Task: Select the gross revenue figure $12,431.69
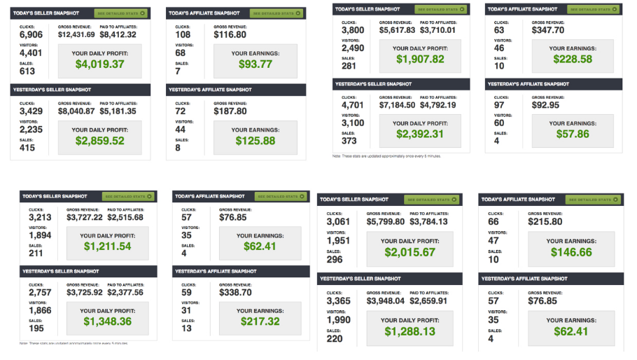tap(76, 34)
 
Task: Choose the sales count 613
tap(27, 71)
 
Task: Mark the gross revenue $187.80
tap(230, 111)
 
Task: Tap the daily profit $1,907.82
tap(420, 60)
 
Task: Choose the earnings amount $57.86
tap(573, 133)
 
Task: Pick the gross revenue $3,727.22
tap(84, 218)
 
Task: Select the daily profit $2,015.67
tap(409, 252)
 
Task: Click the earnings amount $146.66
tap(571, 252)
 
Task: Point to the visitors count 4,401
tap(31, 53)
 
